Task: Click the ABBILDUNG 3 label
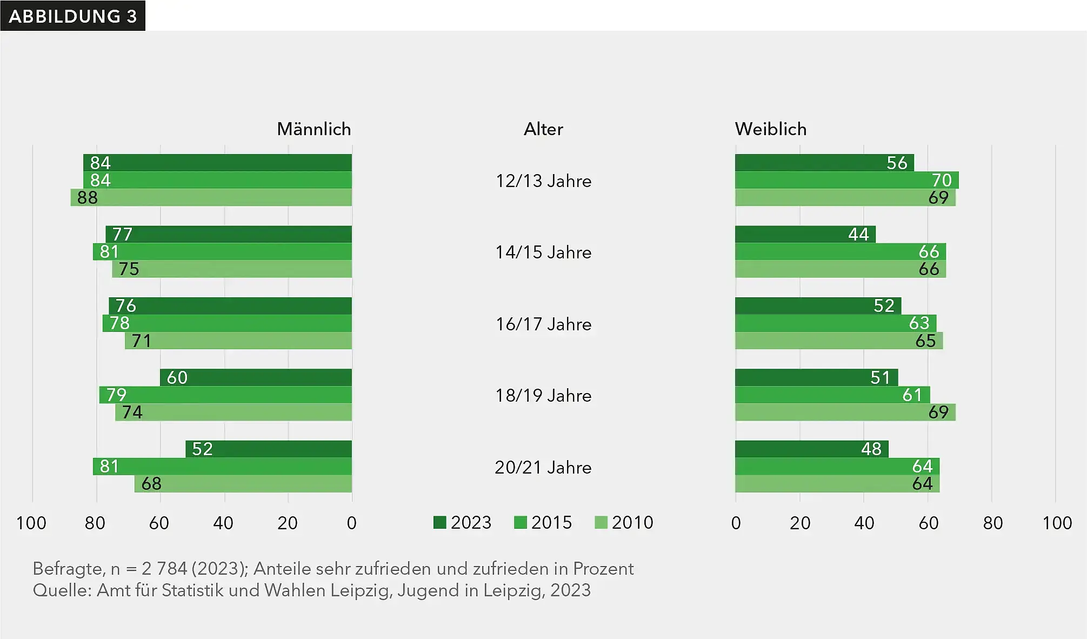[x=72, y=16]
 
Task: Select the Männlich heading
[x=314, y=129]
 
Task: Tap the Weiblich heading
[x=770, y=129]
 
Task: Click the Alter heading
[x=543, y=129]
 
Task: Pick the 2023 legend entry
[x=463, y=522]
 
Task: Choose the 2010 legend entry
[x=624, y=522]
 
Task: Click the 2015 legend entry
[x=543, y=522]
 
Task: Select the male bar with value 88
[x=211, y=197]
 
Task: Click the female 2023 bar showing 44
[x=805, y=234]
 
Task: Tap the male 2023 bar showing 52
[x=269, y=449]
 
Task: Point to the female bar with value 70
[x=846, y=180]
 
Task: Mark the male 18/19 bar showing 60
[x=256, y=377]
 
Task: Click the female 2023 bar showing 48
[x=811, y=449]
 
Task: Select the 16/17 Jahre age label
[x=543, y=324]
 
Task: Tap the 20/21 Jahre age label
[x=543, y=467]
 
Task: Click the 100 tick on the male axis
[x=31, y=523]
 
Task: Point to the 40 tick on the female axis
[x=864, y=523]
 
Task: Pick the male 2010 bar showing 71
[x=238, y=341]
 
